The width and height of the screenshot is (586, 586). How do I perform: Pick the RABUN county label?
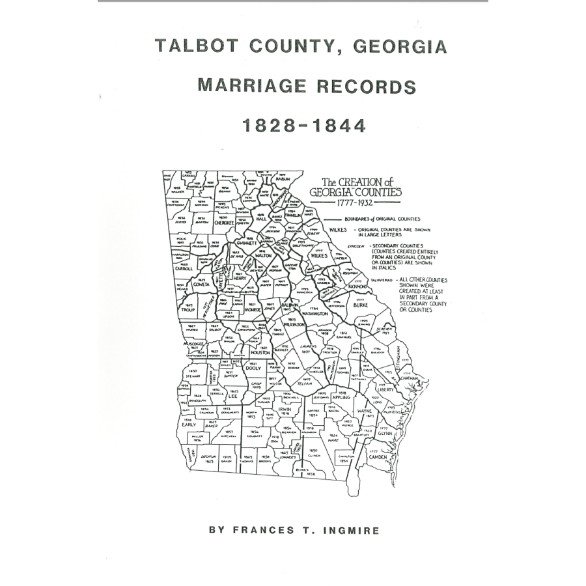(282, 178)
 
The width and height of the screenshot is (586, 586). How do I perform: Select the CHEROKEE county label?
(224, 222)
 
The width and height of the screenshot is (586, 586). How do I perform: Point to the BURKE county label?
(360, 304)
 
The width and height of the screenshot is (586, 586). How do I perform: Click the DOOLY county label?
(253, 369)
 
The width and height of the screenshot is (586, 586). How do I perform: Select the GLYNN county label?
(385, 434)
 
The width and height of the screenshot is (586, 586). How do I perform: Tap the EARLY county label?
(189, 424)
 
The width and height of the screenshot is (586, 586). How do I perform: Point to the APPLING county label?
(341, 397)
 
